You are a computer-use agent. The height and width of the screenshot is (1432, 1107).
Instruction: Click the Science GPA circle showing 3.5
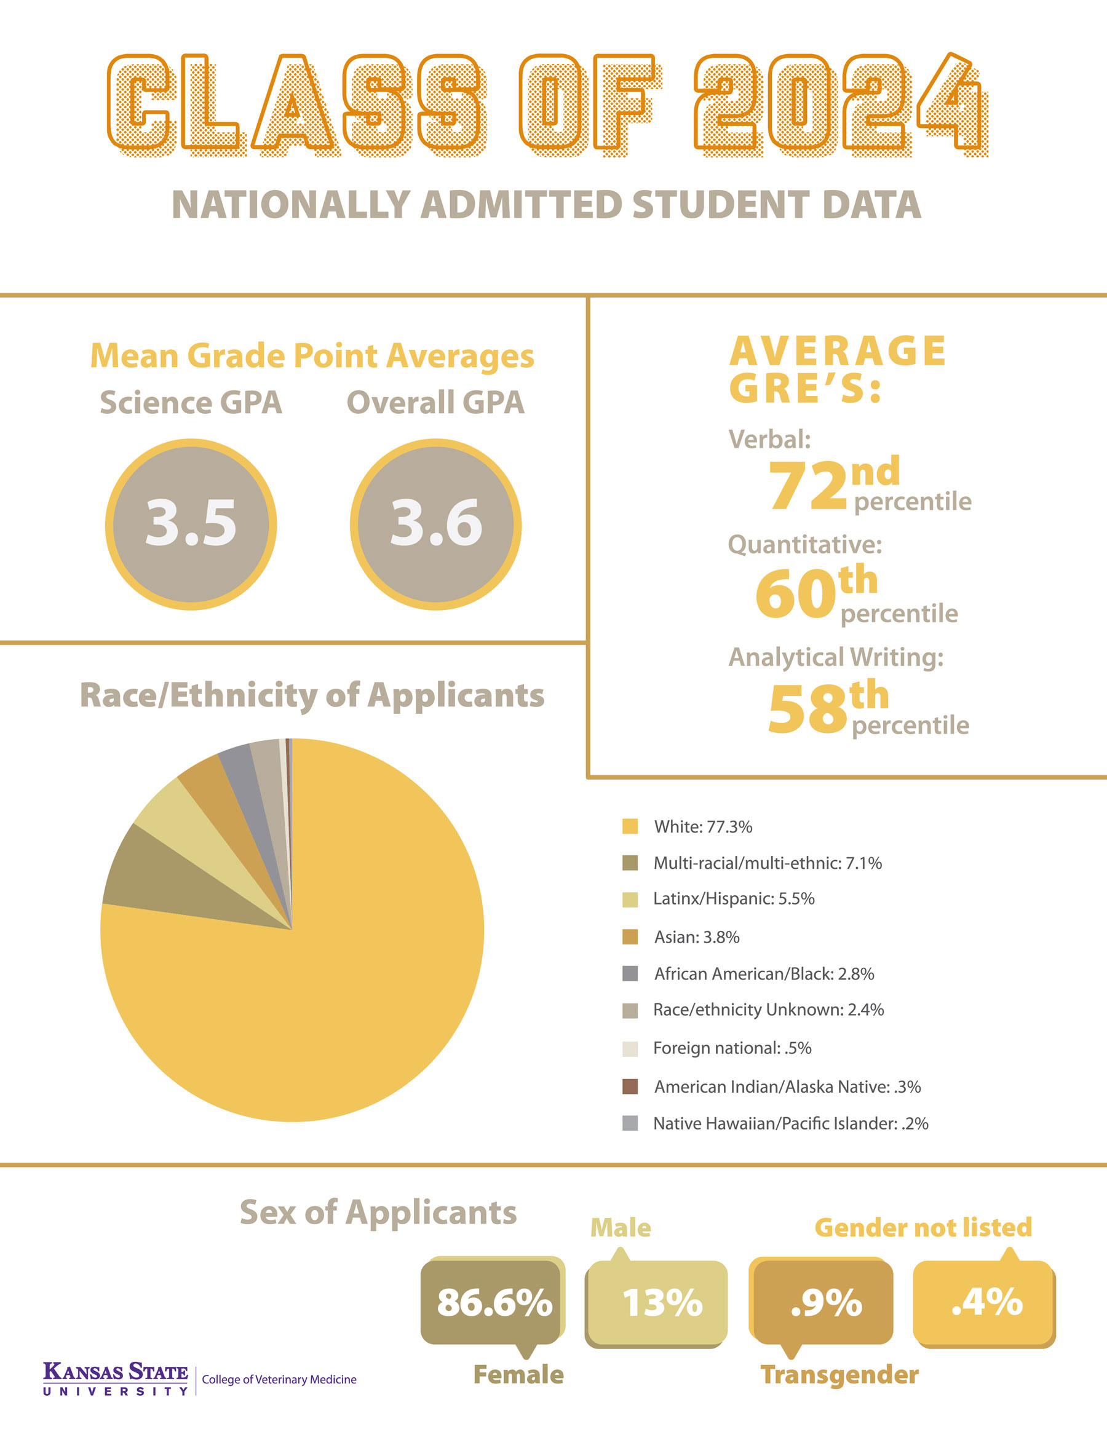191,524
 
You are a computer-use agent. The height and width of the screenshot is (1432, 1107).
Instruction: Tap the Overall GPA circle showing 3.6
435,524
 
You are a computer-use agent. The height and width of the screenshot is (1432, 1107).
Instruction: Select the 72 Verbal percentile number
808,486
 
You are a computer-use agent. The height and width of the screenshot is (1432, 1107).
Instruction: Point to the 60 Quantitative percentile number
795,594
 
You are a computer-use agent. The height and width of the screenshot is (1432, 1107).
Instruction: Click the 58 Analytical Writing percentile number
807,710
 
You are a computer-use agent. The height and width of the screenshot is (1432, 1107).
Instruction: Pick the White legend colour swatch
630,826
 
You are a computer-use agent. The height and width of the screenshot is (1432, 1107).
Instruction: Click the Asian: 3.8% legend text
696,937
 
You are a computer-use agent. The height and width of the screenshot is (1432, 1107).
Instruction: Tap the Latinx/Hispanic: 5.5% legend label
733,898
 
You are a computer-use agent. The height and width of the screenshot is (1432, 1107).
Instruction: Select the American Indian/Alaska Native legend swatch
630,1086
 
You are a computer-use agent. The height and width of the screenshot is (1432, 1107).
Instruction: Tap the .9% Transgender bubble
823,1302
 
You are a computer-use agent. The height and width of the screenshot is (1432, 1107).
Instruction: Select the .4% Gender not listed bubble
985,1302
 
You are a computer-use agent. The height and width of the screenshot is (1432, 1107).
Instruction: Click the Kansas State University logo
116,1379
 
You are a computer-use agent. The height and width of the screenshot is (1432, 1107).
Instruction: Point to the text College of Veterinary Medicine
279,1380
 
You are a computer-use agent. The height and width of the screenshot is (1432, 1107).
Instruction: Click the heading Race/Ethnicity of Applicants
312,695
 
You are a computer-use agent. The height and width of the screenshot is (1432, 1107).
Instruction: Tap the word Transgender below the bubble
839,1374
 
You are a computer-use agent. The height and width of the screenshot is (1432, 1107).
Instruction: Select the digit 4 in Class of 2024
951,105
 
